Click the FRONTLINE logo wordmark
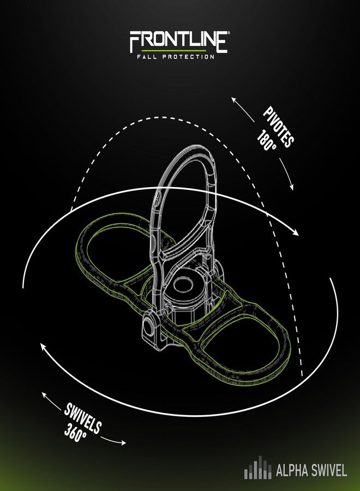coord(178,41)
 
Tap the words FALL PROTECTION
coord(176,57)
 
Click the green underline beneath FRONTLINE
coord(174,50)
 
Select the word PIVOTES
coord(279,127)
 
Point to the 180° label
coord(267,140)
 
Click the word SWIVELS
coord(83,418)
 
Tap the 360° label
coord(75,433)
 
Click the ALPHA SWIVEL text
coord(311,471)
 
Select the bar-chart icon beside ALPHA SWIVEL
coord(257,468)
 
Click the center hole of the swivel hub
coord(183,285)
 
